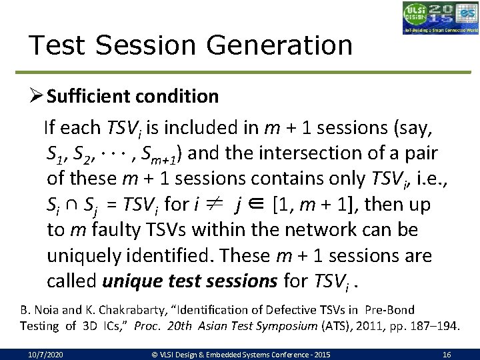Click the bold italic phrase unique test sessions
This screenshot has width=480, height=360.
tap(190, 281)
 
